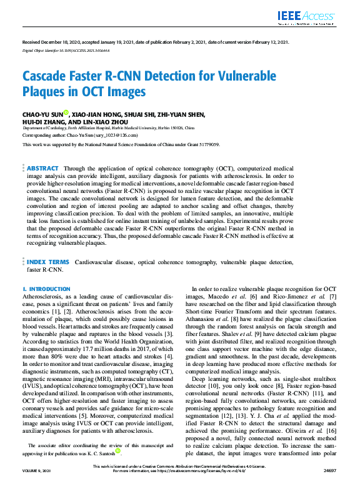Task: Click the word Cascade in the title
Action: [x=49, y=77]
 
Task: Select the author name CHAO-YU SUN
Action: [x=42, y=115]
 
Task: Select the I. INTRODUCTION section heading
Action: [x=46, y=289]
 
